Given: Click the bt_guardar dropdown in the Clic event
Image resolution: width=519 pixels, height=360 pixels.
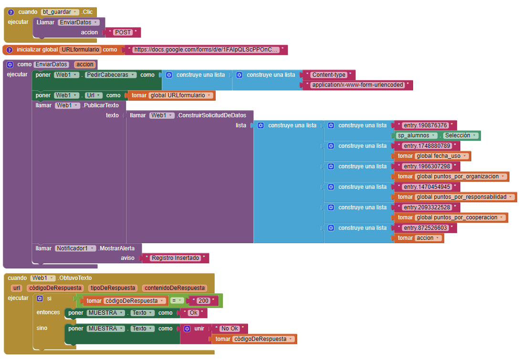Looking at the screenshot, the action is pos(60,12).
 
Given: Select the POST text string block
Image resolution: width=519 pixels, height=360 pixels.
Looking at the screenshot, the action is pos(123,32).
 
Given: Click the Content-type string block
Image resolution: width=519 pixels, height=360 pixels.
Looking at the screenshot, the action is pos(329,75).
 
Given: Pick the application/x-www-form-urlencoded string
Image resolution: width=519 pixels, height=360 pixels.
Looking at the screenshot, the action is pos(357,85).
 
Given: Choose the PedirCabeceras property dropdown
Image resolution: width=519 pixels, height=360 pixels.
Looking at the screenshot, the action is pos(111,75).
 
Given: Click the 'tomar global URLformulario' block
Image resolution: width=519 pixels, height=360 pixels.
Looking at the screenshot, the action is pos(171,95).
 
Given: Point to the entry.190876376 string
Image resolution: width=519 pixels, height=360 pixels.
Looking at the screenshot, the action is pos(426,125).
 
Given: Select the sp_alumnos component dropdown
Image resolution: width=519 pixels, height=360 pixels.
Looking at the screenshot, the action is pos(416,135).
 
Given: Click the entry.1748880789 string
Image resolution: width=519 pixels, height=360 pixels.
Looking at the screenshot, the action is pos(427,146).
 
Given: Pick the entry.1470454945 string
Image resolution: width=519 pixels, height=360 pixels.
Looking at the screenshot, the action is pos(427,187).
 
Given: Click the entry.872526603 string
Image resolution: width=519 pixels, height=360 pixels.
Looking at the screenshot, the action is pos(426,228).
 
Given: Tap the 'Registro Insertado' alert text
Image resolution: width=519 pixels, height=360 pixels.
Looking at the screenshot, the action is pos(176,258).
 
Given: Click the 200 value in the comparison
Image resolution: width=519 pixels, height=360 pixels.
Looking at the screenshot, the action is pos(203,301).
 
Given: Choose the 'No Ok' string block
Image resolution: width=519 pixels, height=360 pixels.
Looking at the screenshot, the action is pos(230,329).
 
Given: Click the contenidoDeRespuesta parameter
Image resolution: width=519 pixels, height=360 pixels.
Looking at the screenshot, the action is pos(175,288).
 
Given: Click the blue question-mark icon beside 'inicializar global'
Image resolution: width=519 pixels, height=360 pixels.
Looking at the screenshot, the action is pos(10,50).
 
